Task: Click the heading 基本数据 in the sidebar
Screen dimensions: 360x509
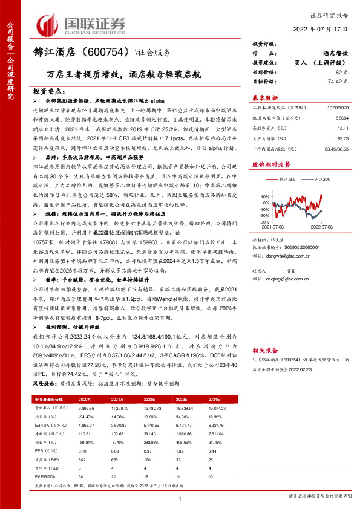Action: click(x=264, y=97)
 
